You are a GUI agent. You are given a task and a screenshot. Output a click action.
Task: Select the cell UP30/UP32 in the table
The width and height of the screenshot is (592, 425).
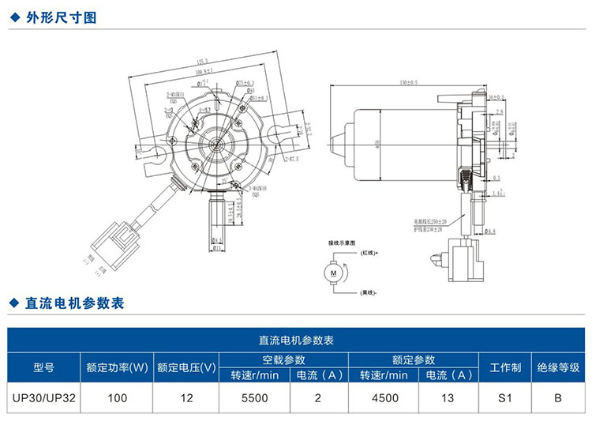click(43, 398)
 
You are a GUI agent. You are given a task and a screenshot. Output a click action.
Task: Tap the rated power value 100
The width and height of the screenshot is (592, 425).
click(117, 398)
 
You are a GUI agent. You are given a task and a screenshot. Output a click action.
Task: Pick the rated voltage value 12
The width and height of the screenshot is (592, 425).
click(186, 398)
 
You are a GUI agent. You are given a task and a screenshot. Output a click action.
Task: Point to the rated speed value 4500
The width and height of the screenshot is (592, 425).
click(384, 398)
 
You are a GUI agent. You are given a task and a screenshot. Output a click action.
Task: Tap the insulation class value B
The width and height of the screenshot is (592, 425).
click(557, 398)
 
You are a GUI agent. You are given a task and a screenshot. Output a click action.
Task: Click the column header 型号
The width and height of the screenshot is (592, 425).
click(43, 367)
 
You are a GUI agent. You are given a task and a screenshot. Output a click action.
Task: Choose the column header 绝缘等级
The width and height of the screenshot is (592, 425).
click(557, 367)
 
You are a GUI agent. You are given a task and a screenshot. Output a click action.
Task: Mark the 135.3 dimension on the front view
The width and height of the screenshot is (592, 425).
click(202, 61)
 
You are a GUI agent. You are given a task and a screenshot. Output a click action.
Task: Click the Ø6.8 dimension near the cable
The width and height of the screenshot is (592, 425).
click(489, 231)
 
